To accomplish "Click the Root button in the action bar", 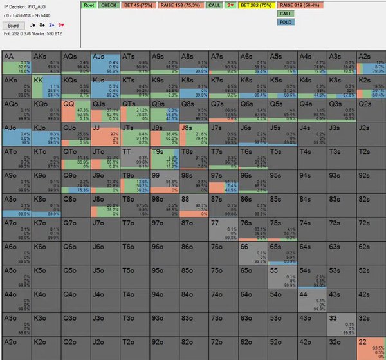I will point(89,5).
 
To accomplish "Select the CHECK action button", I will point(108,5).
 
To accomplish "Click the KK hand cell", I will point(46,86).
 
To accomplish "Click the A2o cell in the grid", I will point(16,347).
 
